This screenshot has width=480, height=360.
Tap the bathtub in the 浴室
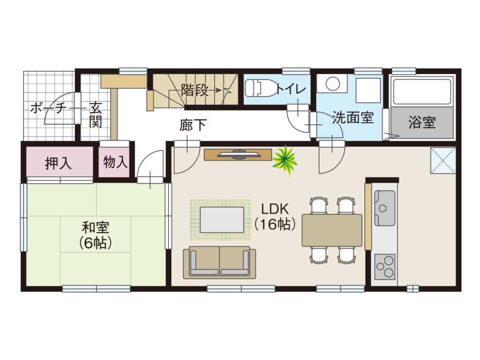coord(422,91)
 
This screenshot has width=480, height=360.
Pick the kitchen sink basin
coord(384,208)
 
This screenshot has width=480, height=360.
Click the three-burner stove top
coord(385,267)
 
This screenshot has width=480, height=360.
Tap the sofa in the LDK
coord(219,262)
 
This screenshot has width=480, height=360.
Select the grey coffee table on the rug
coord(222,219)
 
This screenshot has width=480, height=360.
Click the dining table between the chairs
coord(332,230)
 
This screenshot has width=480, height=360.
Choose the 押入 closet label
coord(58,163)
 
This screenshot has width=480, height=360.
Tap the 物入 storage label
coord(115,162)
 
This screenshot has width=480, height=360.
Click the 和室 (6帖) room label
coord(95,235)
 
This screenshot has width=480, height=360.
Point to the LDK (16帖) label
coord(275,217)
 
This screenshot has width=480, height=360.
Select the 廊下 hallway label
coord(193,125)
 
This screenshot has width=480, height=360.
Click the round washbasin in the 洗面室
coord(332,83)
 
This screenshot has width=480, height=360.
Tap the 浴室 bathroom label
coord(422,122)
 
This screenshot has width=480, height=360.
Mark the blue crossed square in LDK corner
coord(443,160)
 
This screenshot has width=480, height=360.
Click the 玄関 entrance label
coord(96,115)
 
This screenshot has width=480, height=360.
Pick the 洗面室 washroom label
coord(353,117)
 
